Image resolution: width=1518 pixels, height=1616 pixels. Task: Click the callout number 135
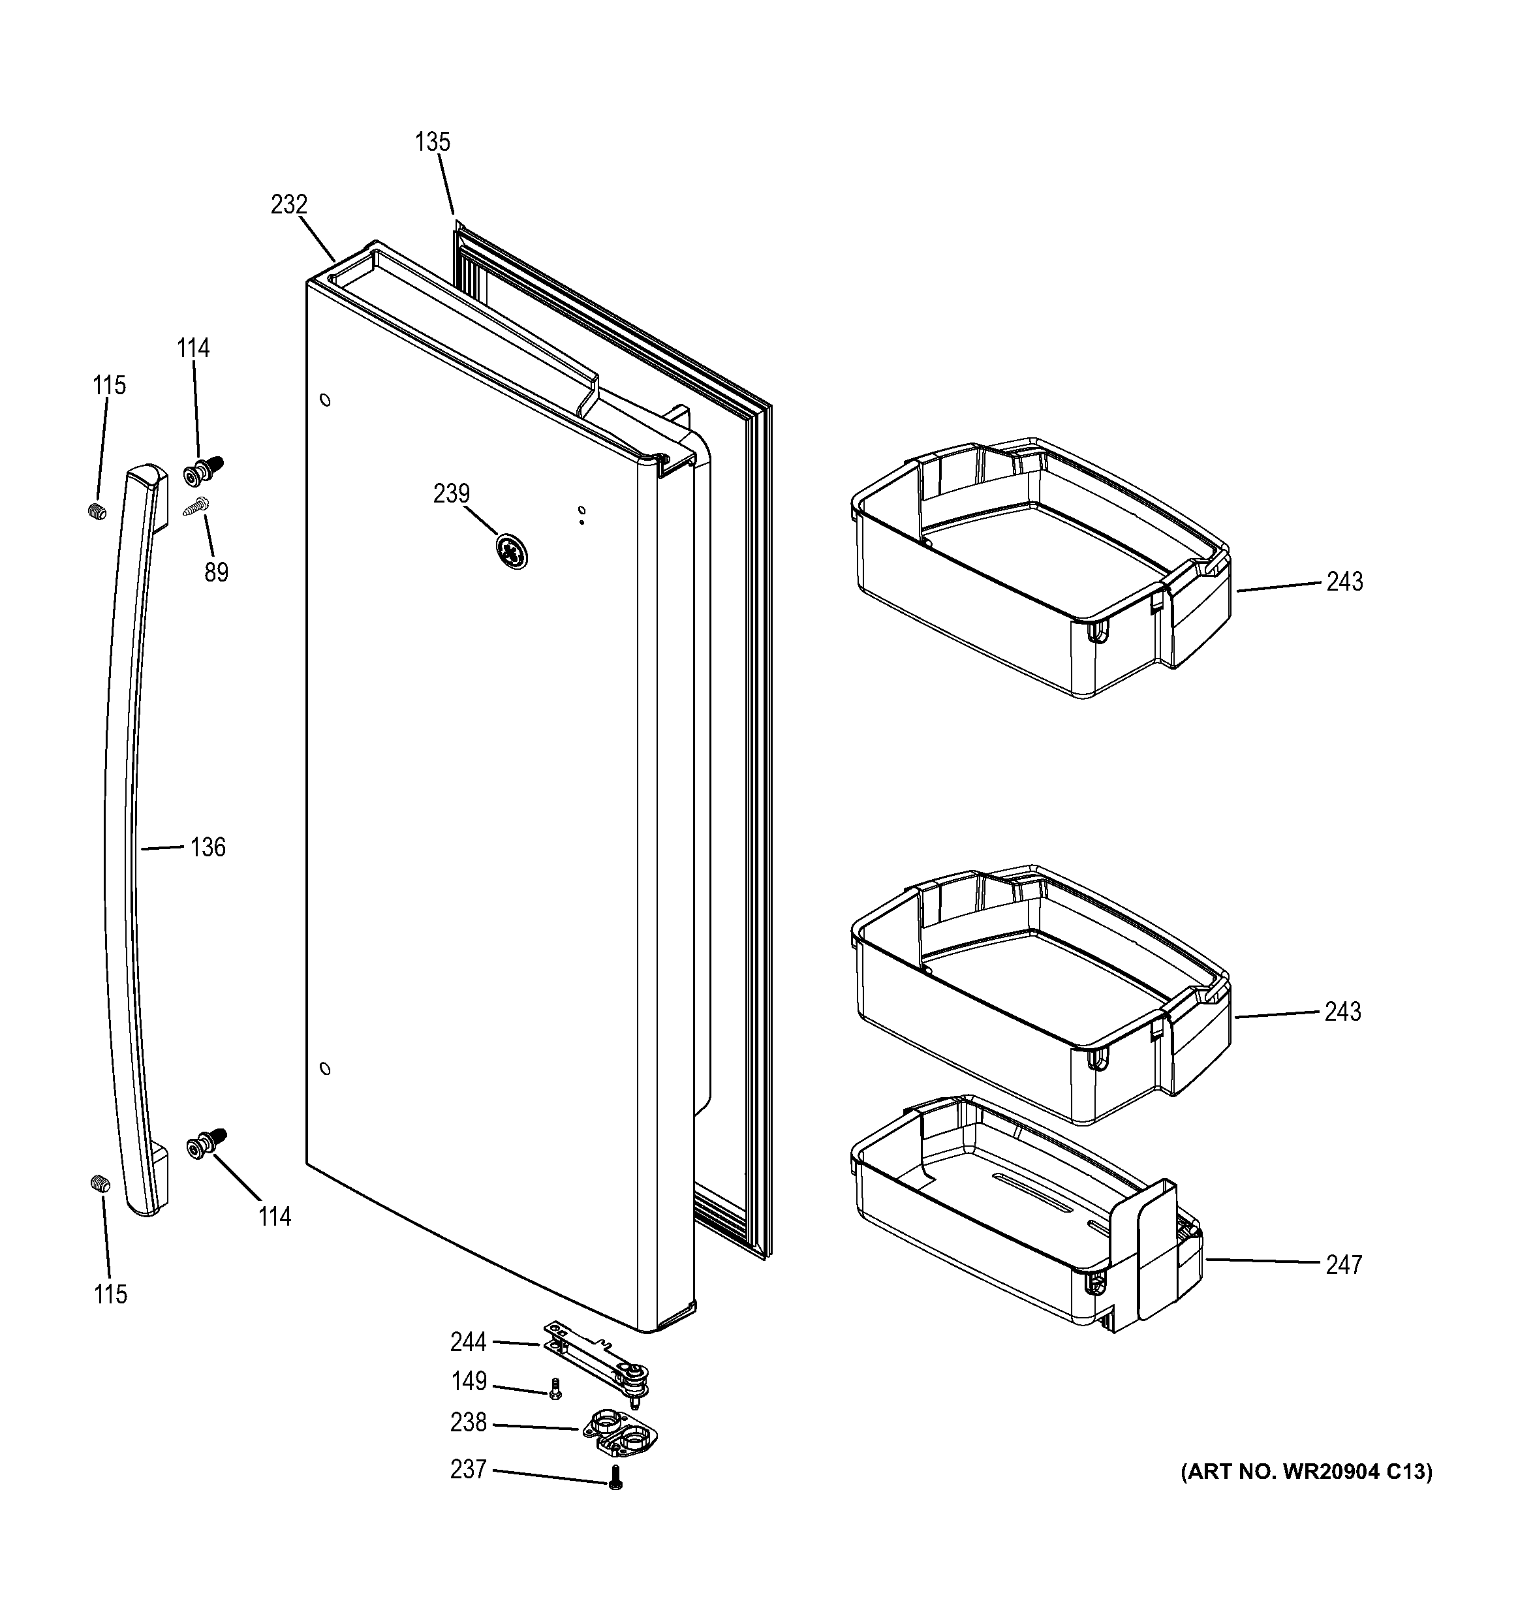coord(432,142)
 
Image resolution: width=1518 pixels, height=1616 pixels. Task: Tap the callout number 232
coord(289,205)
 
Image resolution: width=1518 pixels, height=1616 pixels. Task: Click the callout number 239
coord(451,494)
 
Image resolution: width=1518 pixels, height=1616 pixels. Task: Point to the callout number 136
coord(208,848)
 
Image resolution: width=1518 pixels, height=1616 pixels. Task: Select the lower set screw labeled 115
coord(99,1185)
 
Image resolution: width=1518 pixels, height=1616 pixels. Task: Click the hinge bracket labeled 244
coord(597,1365)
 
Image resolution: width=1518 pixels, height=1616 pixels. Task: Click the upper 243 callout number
coord(1345,582)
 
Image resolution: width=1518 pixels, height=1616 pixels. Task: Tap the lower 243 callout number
coord(1342,1012)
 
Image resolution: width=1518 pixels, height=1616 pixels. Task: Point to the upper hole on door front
coord(325,400)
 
